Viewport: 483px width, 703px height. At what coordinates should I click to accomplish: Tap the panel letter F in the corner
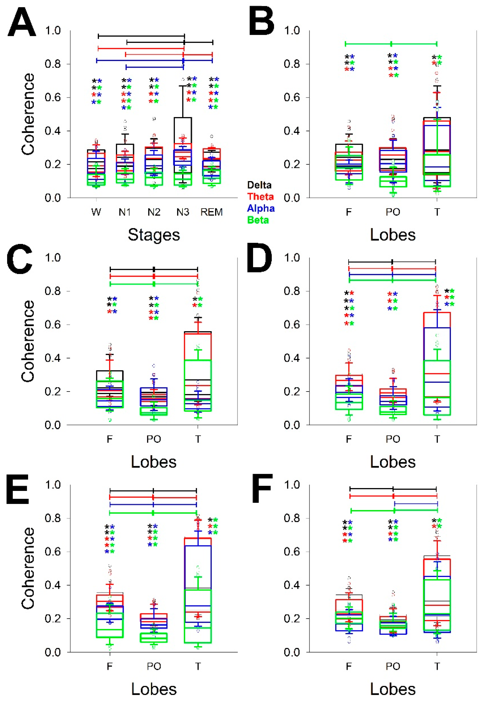pos(263,488)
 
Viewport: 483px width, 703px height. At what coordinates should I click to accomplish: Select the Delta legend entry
pos(259,185)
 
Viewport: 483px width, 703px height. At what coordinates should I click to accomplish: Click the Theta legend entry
pos(260,197)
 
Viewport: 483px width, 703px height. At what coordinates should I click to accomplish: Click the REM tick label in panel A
pos(211,212)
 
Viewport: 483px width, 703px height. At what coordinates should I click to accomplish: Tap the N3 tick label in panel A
pos(183,212)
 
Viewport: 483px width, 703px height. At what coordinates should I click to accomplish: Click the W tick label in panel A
pos(96,212)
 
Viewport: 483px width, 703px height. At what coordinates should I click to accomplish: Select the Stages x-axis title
pos(154,235)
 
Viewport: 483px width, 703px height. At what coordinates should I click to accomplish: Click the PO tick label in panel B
pos(393,212)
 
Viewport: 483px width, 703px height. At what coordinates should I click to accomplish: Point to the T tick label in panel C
pos(198,439)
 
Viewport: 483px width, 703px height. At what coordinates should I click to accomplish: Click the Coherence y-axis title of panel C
pos(28,341)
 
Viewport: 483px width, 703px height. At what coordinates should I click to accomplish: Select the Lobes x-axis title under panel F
pos(393,689)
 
